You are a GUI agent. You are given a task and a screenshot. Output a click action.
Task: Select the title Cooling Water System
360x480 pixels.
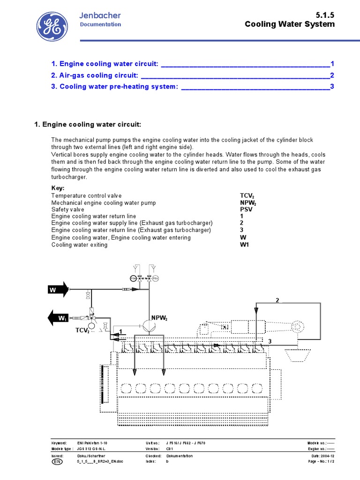coord(290,24)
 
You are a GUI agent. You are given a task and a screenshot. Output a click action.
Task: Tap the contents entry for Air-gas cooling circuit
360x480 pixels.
coord(94,75)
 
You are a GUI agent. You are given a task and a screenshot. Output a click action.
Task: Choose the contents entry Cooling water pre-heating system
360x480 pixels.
coord(114,87)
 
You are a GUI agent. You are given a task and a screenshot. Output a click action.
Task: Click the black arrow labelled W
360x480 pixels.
coord(58,290)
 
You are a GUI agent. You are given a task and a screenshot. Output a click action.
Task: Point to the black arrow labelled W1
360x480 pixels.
coord(58,319)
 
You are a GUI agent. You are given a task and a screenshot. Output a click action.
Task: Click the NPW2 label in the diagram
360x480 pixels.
coord(159,318)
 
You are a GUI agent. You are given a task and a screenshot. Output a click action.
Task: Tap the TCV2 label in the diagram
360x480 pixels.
coord(82,330)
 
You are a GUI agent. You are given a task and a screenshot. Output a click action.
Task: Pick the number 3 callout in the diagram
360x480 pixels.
coord(270,342)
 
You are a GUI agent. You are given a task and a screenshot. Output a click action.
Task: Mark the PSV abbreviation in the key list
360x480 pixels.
coord(246,210)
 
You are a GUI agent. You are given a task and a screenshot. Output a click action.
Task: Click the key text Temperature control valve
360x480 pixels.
coord(86,195)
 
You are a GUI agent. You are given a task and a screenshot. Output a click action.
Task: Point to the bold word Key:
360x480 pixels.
coord(58,188)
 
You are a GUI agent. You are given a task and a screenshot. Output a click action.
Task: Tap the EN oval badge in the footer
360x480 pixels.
coord(56,462)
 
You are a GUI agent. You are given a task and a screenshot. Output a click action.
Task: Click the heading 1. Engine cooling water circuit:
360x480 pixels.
coord(88,124)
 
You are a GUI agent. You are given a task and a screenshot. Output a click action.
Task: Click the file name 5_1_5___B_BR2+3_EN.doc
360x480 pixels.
coord(99,462)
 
